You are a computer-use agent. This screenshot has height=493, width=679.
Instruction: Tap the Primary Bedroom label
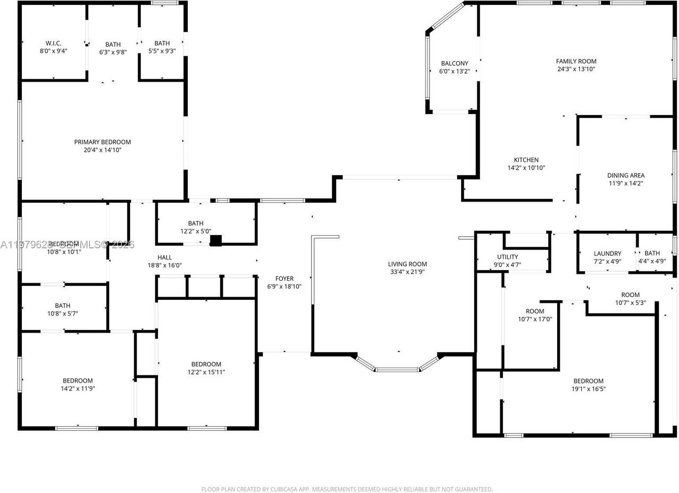(x=102, y=142)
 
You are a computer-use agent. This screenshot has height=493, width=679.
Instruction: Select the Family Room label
(x=576, y=62)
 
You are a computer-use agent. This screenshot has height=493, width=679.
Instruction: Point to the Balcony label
(x=455, y=64)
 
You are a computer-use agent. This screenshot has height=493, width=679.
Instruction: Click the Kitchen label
(x=526, y=160)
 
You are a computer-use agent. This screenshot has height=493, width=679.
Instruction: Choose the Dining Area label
(x=626, y=176)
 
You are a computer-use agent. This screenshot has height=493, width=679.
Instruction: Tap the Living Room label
(x=407, y=264)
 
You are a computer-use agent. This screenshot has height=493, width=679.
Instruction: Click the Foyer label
(x=284, y=279)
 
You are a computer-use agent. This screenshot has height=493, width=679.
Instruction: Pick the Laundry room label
(x=607, y=254)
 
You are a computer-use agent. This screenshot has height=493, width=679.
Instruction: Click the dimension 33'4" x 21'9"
(x=407, y=272)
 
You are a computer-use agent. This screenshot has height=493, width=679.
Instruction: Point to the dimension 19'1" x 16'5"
(x=588, y=389)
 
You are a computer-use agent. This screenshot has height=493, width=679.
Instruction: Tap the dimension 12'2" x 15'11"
(x=206, y=372)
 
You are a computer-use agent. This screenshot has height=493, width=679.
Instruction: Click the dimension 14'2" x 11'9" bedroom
(x=78, y=388)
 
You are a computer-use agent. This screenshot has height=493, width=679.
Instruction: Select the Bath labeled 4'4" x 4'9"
(x=652, y=254)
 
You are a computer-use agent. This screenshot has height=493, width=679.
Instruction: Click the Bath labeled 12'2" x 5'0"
(x=196, y=223)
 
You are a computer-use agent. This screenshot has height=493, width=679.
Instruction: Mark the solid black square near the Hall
(x=215, y=240)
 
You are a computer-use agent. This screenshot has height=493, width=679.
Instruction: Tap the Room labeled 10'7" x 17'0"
(x=535, y=312)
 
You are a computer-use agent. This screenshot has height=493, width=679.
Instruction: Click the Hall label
(x=164, y=257)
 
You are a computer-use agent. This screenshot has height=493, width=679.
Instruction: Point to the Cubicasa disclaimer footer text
(x=347, y=489)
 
